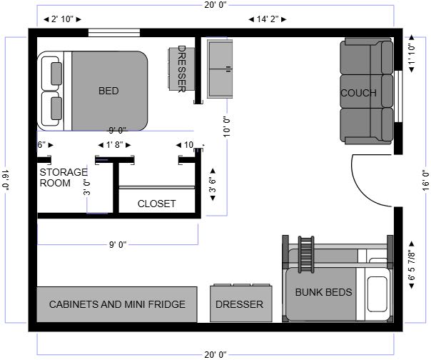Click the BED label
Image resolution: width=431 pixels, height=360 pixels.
click(x=108, y=91)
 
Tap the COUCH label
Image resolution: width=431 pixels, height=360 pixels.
click(x=358, y=93)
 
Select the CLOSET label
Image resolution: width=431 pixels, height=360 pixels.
click(x=157, y=204)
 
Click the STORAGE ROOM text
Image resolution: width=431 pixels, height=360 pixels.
click(x=64, y=178)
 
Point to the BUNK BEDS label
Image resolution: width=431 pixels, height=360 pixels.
click(x=323, y=292)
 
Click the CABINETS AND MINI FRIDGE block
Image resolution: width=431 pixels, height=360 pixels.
click(x=117, y=304)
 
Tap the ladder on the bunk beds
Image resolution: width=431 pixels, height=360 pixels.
click(x=306, y=254)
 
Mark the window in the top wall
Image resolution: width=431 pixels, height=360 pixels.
click(x=114, y=32)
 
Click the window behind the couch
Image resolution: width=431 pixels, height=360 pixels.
click(x=399, y=96)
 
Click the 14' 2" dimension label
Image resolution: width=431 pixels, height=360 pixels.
click(x=268, y=19)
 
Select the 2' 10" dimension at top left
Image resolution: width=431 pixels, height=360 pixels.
click(x=62, y=19)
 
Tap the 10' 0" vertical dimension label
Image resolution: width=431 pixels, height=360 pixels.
click(x=226, y=127)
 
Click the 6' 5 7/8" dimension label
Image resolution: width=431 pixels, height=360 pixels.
click(x=412, y=265)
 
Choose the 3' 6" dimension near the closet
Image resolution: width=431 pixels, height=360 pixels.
click(x=213, y=185)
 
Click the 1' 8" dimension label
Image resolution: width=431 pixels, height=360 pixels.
click(x=115, y=145)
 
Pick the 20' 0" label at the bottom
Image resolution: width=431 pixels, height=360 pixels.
click(x=215, y=354)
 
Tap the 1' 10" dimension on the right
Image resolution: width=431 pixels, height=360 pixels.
click(x=412, y=54)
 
